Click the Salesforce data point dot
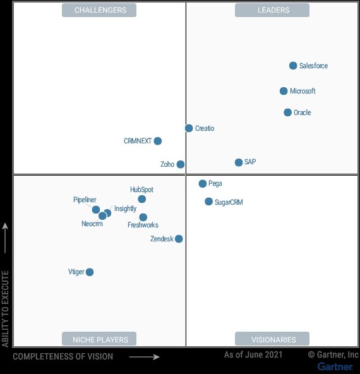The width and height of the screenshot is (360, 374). tap(293, 66)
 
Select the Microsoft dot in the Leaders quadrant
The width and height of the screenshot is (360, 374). tap(284, 91)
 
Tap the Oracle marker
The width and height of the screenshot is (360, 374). tap(287, 112)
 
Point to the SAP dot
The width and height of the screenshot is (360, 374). tap(239, 162)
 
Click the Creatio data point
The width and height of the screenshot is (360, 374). tap(189, 128)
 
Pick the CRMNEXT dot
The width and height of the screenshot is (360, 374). tap(158, 141)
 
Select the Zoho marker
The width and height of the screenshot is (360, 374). tap(181, 164)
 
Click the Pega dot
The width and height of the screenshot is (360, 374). tap(203, 184)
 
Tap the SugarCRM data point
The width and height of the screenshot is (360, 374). tap(208, 202)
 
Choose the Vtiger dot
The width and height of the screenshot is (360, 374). tap(90, 272)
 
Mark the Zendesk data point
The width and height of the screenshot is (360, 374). tap(179, 239)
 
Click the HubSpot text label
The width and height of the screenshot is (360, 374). tap(141, 190)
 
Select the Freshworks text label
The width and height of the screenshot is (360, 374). tap(143, 225)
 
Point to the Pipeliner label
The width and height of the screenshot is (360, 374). tap(85, 200)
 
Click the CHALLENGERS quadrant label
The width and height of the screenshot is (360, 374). tap(100, 10)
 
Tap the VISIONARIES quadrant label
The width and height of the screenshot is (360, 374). tap(272, 339)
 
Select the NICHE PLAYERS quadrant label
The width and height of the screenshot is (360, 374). tap(100, 339)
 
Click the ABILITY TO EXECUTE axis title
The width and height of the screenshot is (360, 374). tap(6, 308)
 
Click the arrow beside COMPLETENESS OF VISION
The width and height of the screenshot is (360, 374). tap(144, 357)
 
